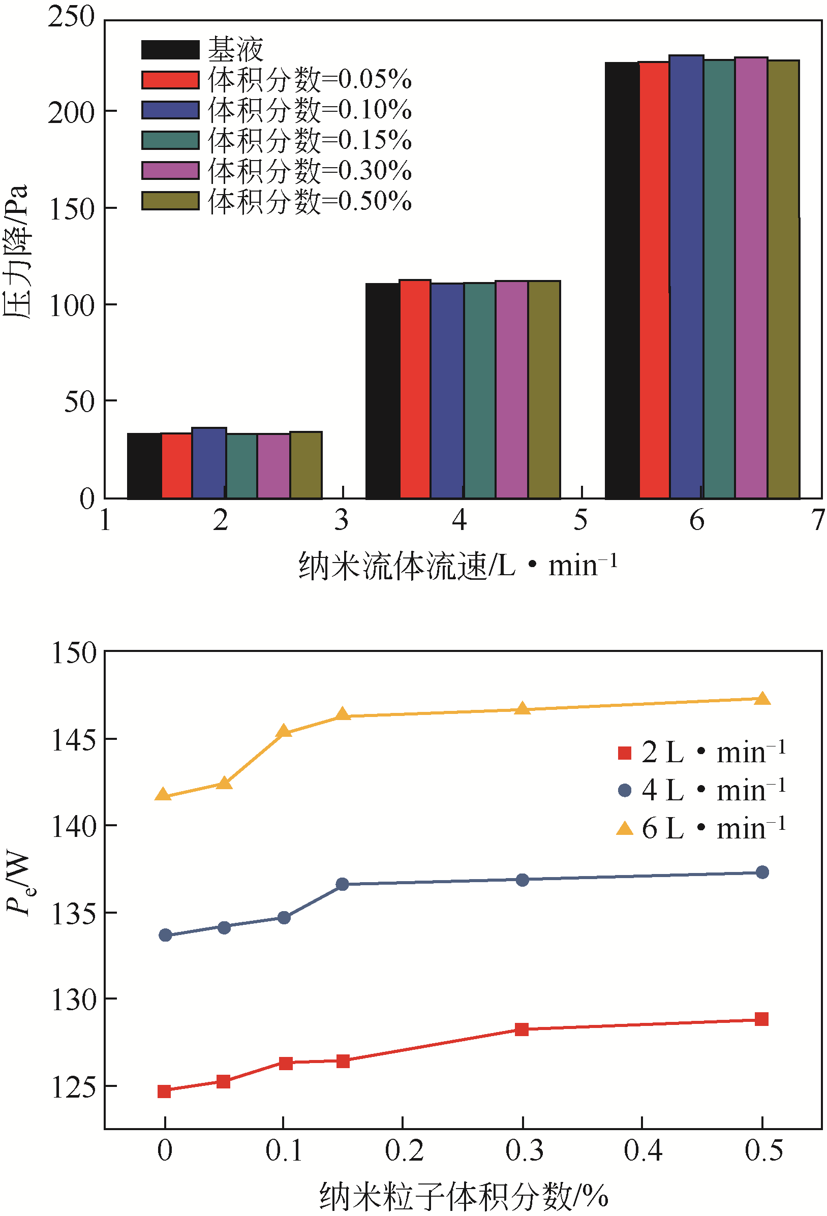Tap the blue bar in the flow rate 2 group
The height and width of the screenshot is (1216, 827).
pyautogui.click(x=209, y=462)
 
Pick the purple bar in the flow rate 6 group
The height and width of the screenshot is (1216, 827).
pyautogui.click(x=751, y=277)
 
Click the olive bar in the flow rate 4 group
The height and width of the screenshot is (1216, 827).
pyautogui.click(x=544, y=389)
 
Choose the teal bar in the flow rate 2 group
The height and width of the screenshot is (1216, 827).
pyautogui.click(x=241, y=465)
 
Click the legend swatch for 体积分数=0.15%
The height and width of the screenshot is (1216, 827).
pyautogui.click(x=170, y=140)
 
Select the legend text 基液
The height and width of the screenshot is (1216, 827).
pyautogui.click(x=235, y=50)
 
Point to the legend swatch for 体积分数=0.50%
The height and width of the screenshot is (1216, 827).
pyautogui.click(x=170, y=201)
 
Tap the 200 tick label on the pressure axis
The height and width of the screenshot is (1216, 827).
pyautogui.click(x=71, y=113)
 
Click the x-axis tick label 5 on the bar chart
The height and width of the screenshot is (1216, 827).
pyautogui.click(x=580, y=520)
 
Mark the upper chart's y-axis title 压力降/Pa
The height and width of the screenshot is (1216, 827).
pyautogui.click(x=16, y=251)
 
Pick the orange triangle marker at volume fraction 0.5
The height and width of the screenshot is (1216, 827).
pyautogui.click(x=762, y=699)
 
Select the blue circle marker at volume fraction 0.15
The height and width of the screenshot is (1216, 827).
pyautogui.click(x=342, y=884)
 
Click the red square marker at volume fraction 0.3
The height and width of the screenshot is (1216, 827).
pyautogui.click(x=522, y=1029)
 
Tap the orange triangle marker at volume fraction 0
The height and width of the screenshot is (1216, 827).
pyautogui.click(x=163, y=795)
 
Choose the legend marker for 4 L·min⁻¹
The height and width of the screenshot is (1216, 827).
pyautogui.click(x=624, y=790)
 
